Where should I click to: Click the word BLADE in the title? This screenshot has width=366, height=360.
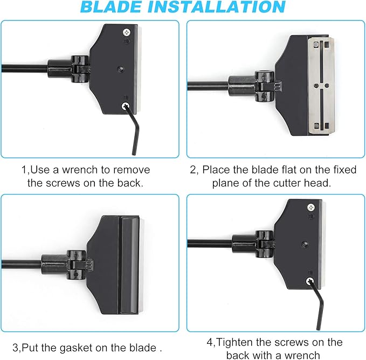pyautogui.click(x=111, y=7)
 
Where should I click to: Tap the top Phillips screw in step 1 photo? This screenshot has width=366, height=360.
pyautogui.click(x=127, y=32)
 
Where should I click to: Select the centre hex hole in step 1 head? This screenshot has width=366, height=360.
pyautogui.click(x=120, y=69)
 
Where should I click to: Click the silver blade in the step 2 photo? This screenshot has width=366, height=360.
pyautogui.click(x=321, y=86)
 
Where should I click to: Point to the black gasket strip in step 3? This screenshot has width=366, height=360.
pyautogui.click(x=129, y=265)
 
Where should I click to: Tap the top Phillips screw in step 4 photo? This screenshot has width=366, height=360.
pyautogui.click(x=310, y=207)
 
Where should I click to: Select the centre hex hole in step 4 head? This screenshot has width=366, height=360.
pyautogui.click(x=305, y=244)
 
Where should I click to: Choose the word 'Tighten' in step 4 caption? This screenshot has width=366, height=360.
pyautogui.click(x=235, y=343)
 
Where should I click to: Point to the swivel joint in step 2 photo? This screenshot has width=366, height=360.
pyautogui.click(x=264, y=86)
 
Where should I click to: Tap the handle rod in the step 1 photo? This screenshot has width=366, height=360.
pyautogui.click(x=24, y=68)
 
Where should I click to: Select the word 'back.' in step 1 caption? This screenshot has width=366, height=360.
pyautogui.click(x=130, y=183)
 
